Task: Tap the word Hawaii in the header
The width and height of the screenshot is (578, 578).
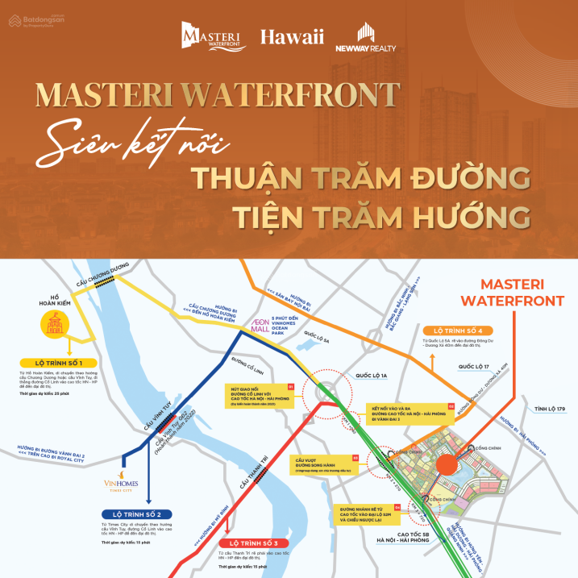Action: pos(291,36)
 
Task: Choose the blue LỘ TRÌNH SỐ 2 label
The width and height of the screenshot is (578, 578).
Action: pos(137,514)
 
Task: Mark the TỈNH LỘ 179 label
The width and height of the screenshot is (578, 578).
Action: pos(550,410)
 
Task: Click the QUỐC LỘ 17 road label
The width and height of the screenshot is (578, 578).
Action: pos(475,367)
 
